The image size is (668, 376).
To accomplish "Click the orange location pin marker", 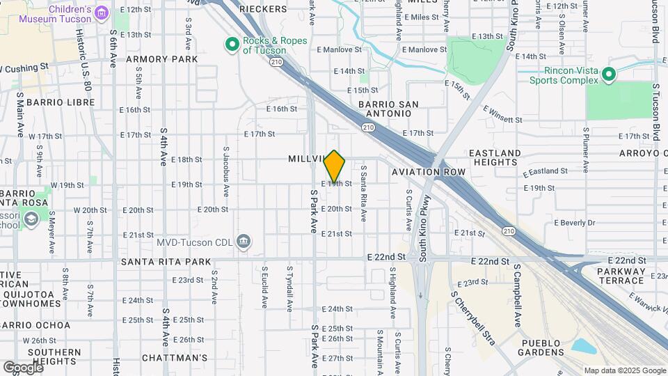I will [x=335, y=166].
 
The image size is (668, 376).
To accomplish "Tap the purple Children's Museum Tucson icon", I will [x=102, y=13].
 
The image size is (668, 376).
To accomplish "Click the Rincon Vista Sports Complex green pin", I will [x=609, y=75].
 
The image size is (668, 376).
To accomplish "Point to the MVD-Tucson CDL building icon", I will [x=244, y=242].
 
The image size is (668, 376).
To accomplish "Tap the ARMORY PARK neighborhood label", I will [x=161, y=60].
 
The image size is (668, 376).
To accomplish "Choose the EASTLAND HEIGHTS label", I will [x=495, y=157].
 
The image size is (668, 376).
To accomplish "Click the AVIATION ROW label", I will [x=429, y=171].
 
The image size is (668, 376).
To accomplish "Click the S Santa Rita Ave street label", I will [x=363, y=194].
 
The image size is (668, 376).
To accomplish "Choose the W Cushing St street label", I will [x=24, y=68].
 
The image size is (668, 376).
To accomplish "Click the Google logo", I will [x=23, y=367].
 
